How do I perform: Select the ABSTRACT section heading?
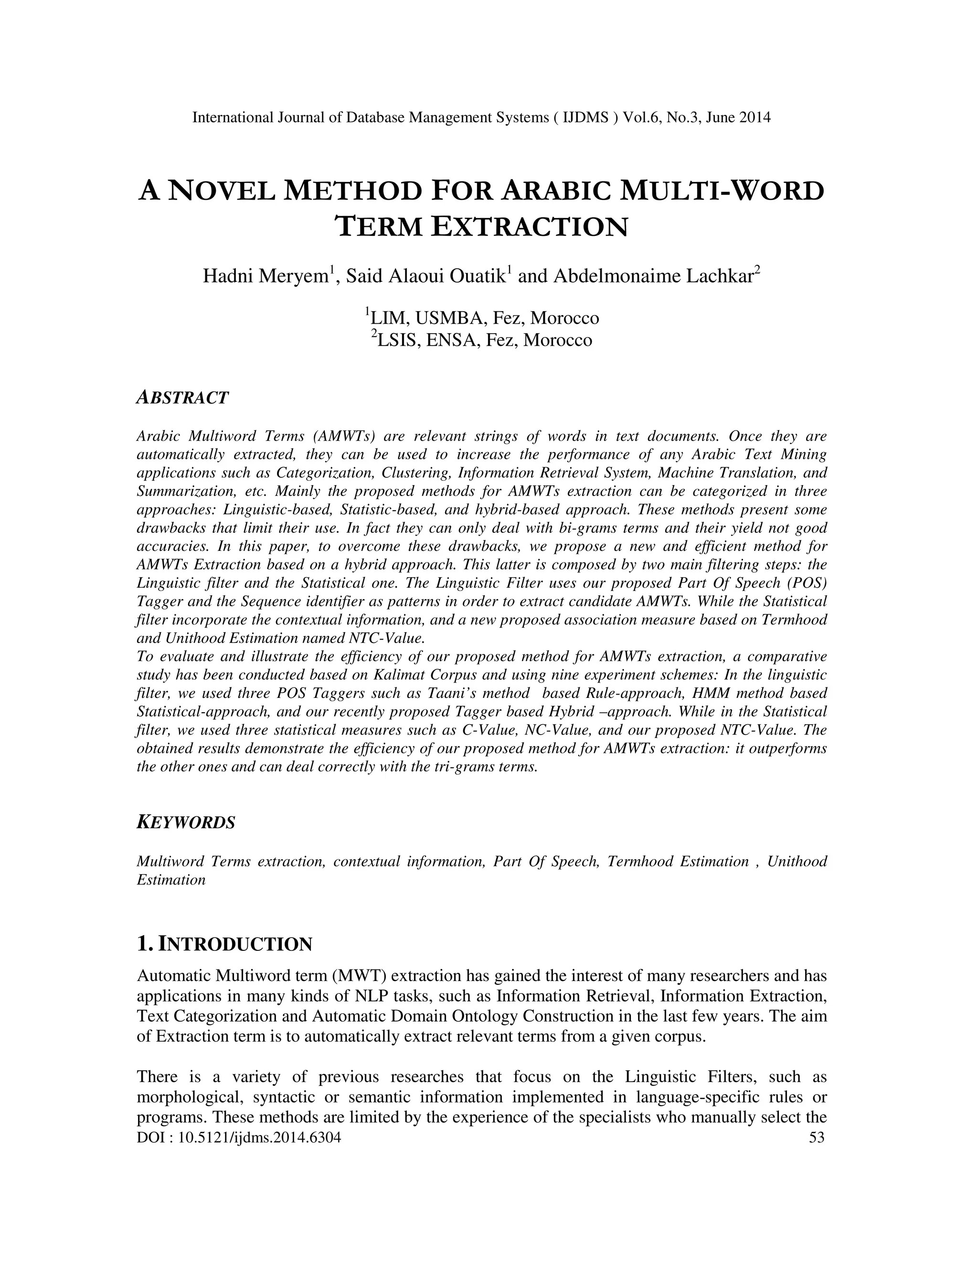click(x=182, y=398)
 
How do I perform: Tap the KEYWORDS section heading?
click(x=186, y=822)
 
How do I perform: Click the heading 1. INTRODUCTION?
click(x=224, y=945)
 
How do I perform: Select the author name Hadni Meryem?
click(x=266, y=276)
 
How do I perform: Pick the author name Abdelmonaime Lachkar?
click(x=654, y=276)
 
